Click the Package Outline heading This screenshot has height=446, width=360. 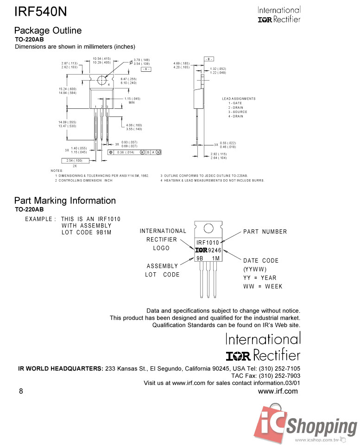point(48,31)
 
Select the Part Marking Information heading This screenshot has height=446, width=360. point(65,201)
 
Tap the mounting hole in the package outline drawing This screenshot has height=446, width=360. point(101,80)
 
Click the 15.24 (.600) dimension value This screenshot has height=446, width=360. point(68,89)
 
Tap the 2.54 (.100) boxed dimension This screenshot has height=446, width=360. point(74,160)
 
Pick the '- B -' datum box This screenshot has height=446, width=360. point(208,59)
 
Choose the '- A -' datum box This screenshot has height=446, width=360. point(145,69)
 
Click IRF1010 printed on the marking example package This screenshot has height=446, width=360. point(208,243)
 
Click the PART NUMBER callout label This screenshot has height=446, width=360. point(265,232)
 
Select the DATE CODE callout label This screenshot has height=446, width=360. point(260,261)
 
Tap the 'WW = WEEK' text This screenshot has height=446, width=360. point(263,286)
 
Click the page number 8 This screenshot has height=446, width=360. point(21,391)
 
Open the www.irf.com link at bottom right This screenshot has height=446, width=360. point(278,391)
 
